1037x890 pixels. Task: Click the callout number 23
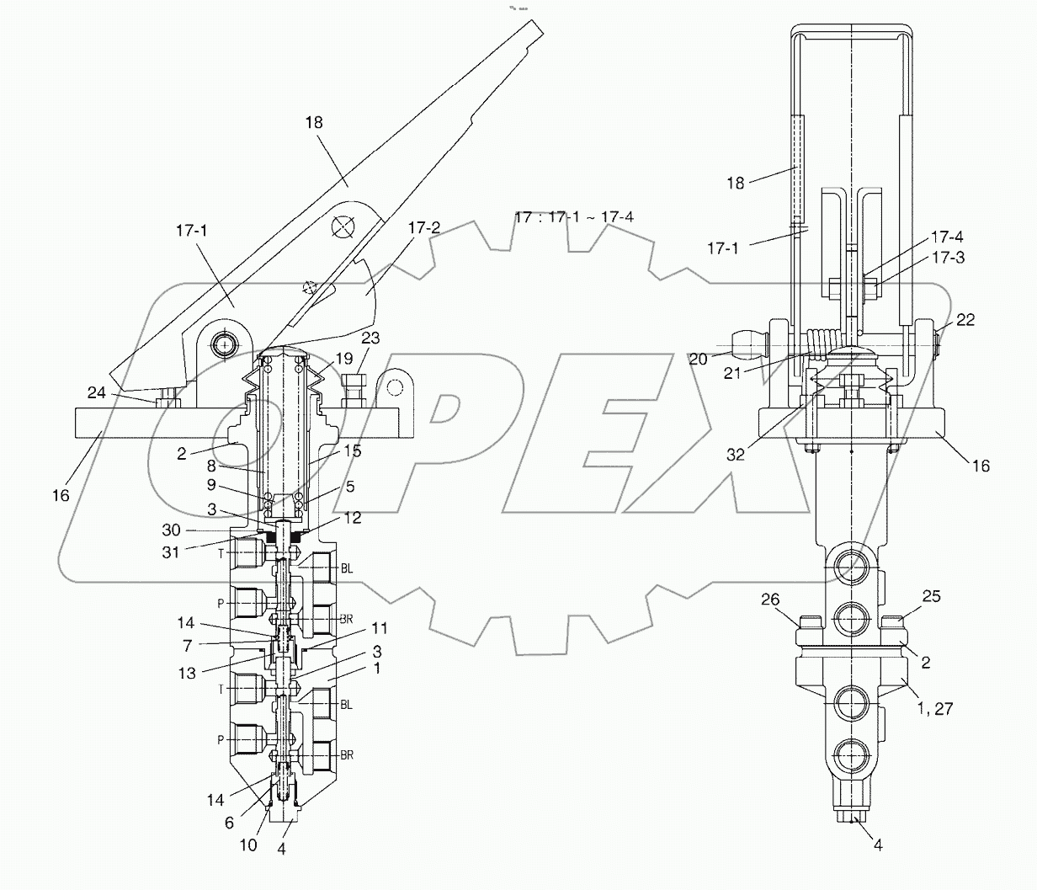tap(370, 338)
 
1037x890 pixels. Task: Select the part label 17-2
tap(424, 228)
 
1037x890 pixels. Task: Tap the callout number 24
tap(97, 392)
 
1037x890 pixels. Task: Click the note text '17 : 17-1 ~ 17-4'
tap(574, 217)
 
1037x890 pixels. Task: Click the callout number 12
tap(354, 518)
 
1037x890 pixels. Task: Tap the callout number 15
tap(352, 451)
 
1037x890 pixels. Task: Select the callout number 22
tap(965, 321)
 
